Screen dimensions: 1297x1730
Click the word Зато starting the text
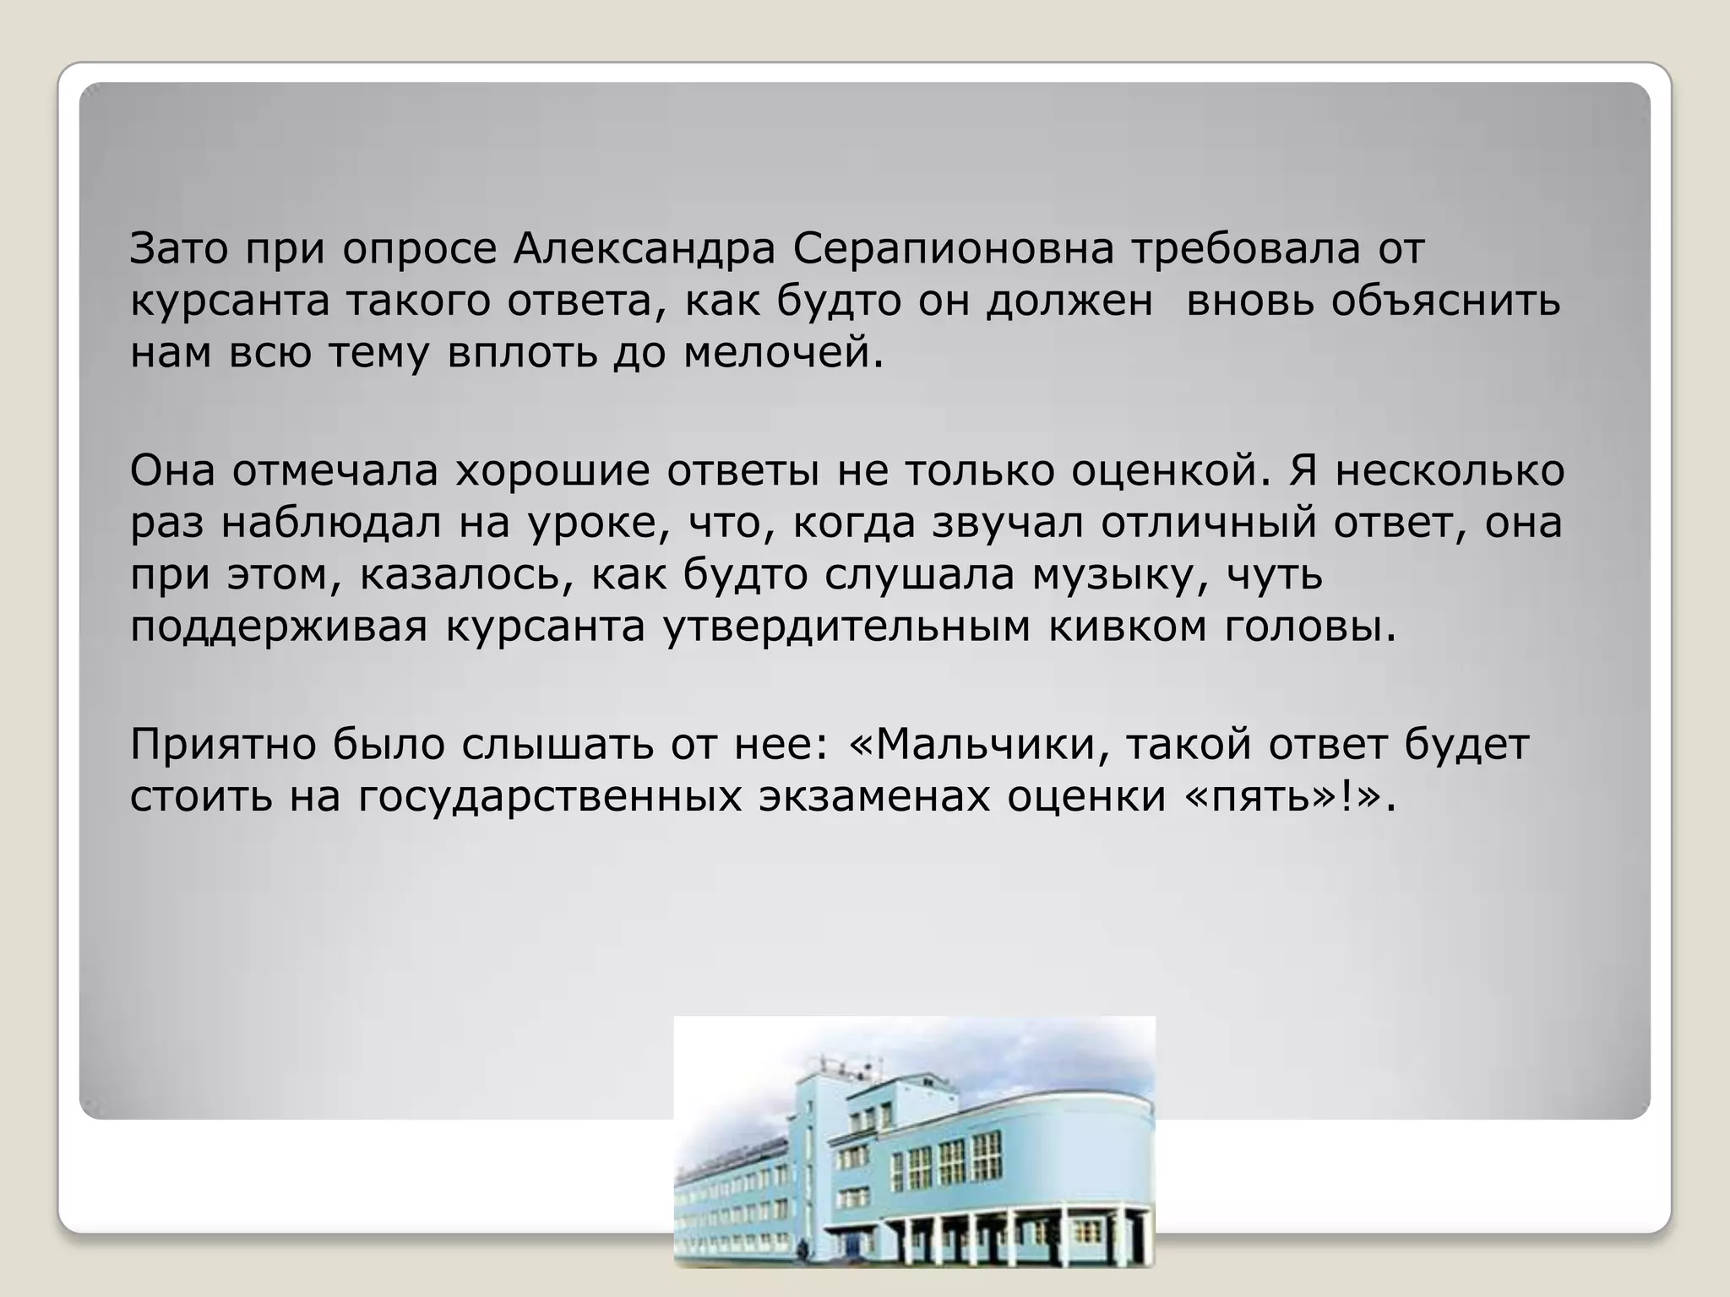[x=180, y=249]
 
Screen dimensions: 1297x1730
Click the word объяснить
[x=1445, y=301]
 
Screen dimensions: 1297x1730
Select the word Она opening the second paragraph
[x=171, y=471]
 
